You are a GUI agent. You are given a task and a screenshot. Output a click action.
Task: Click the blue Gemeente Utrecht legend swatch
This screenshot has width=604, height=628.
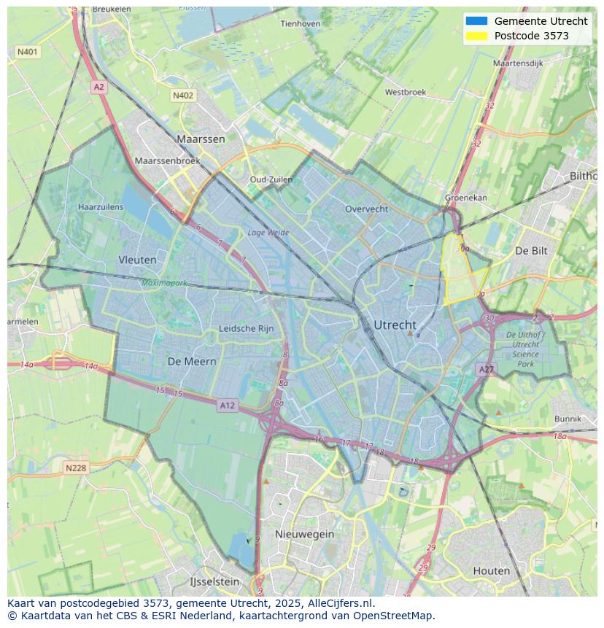[476, 21]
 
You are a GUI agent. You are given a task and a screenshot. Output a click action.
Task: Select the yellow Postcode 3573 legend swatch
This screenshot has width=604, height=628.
[476, 36]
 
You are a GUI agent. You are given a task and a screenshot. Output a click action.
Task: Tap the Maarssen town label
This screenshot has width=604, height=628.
[201, 139]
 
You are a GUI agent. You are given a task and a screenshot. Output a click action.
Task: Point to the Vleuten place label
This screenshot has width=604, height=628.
[137, 259]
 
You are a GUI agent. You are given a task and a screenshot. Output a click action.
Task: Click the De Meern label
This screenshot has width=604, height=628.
[192, 361]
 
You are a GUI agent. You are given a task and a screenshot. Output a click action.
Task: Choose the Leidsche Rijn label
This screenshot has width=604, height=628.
[247, 328]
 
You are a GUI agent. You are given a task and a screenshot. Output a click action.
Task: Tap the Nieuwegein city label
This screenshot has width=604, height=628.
[304, 534]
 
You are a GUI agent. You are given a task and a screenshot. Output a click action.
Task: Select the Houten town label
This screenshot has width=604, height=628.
[491, 570]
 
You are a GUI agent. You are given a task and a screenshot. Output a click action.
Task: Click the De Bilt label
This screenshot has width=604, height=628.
[530, 250]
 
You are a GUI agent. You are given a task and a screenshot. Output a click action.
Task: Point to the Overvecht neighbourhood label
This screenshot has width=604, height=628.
[366, 209]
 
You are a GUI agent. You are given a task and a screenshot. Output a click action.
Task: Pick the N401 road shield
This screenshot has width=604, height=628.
[28, 52]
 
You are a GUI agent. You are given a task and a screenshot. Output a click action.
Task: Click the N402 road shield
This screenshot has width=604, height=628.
[183, 96]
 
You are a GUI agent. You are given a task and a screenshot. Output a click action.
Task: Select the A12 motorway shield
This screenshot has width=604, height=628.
[227, 405]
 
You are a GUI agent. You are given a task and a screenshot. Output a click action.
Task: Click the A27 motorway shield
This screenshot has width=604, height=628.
[486, 370]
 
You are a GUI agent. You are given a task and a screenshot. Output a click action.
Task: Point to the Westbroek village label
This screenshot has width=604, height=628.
[405, 93]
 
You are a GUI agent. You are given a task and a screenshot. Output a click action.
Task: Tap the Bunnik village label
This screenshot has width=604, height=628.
[568, 419]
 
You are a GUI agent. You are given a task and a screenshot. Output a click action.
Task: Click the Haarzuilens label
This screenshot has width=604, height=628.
[101, 207]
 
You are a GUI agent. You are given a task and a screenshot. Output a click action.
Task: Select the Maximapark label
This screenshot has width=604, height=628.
[164, 282]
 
